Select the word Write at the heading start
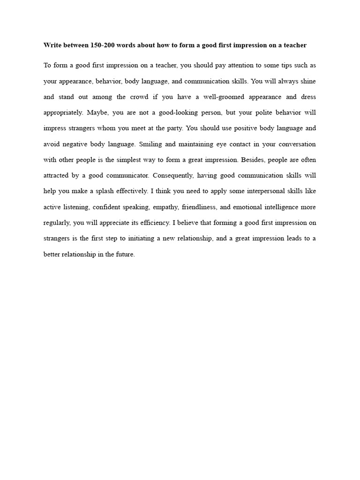coord(52,45)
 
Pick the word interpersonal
coord(261,191)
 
